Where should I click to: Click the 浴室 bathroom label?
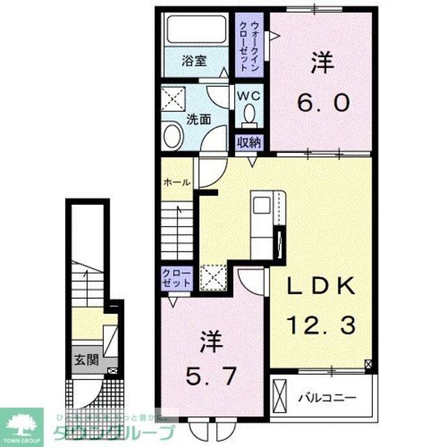(194, 61)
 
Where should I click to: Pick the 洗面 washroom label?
(198, 119)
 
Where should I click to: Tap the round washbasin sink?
(172, 135)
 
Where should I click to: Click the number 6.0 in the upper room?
(322, 103)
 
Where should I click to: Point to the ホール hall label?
(176, 182)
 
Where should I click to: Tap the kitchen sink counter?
(263, 219)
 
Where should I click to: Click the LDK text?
(322, 286)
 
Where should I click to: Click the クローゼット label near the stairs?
(176, 277)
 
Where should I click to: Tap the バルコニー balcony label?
(328, 397)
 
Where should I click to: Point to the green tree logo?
(21, 423)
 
